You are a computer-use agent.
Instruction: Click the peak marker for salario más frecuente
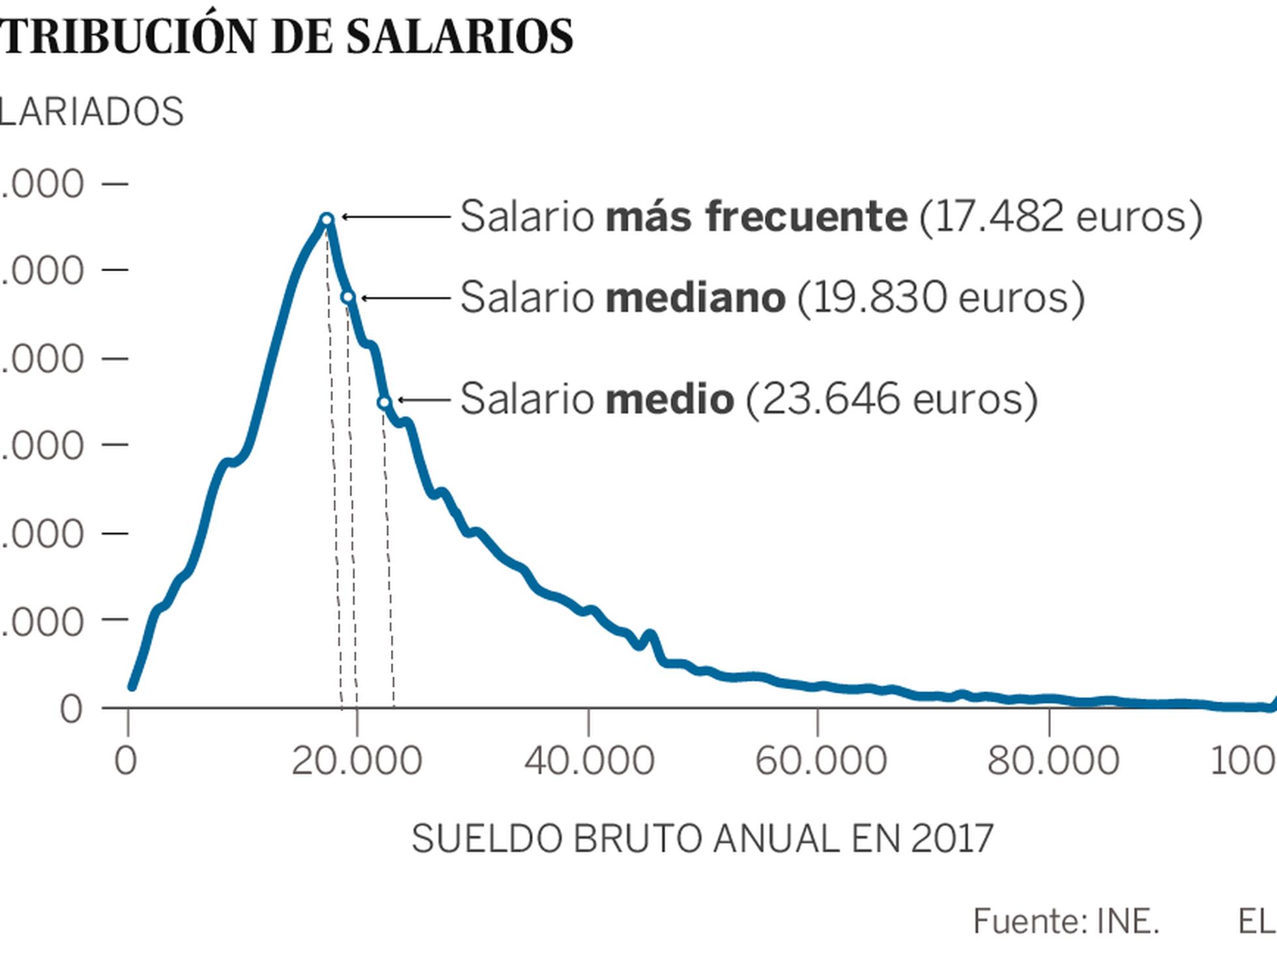point(327,219)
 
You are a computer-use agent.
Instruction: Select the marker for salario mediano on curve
point(348,297)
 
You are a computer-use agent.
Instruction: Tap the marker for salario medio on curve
point(384,402)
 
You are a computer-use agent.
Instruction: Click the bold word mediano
point(695,297)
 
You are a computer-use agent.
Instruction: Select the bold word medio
point(670,399)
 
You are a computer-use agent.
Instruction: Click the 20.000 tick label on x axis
point(356,761)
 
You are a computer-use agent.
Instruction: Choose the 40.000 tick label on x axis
point(589,761)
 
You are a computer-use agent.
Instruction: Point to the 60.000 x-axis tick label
point(820,761)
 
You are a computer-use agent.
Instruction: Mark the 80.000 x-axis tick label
point(1052,761)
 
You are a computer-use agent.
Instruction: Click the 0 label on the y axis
point(72,709)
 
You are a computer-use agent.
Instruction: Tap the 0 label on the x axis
point(126,761)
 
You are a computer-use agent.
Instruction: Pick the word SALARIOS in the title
point(459,36)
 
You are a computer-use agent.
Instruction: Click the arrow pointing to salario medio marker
point(423,399)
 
